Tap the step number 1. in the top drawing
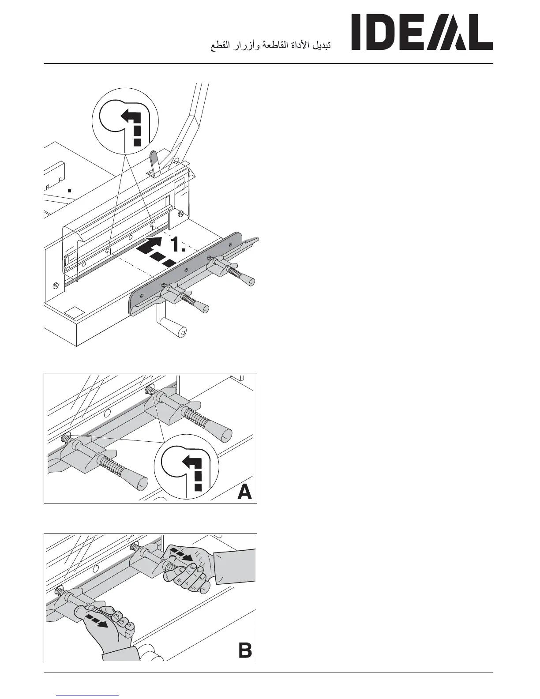click(179, 244)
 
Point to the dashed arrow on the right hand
click(182, 554)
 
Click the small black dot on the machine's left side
click(69, 191)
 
